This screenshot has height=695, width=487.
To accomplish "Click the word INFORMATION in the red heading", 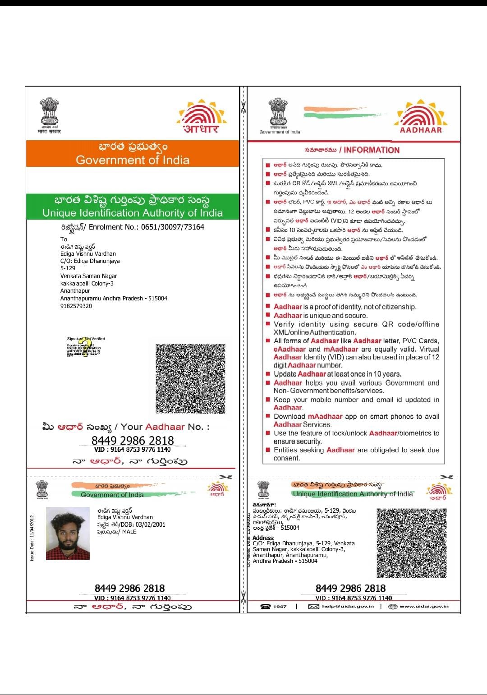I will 372,150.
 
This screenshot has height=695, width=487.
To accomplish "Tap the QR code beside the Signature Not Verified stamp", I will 190,379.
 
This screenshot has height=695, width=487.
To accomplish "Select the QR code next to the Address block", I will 411,543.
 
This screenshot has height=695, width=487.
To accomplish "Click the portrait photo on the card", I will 68,534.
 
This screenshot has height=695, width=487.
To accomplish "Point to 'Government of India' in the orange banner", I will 133,160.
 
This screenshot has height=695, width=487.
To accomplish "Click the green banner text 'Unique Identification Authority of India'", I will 133,213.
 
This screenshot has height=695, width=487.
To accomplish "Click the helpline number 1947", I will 280,606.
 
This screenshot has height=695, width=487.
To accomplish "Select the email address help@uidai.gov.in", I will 348,606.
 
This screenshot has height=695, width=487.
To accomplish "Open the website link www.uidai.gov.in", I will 424,606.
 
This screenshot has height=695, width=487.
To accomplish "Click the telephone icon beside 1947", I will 266,606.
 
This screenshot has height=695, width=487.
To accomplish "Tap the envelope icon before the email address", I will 313,606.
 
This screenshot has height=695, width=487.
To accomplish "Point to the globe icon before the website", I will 392,606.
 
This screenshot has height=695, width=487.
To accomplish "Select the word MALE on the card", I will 129,532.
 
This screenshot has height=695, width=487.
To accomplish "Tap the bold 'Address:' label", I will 263,538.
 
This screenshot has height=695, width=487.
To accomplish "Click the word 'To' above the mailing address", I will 64,239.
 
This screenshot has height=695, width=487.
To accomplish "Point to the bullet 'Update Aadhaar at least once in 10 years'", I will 337,374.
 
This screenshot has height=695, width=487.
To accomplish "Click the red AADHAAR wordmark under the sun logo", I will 421,130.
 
